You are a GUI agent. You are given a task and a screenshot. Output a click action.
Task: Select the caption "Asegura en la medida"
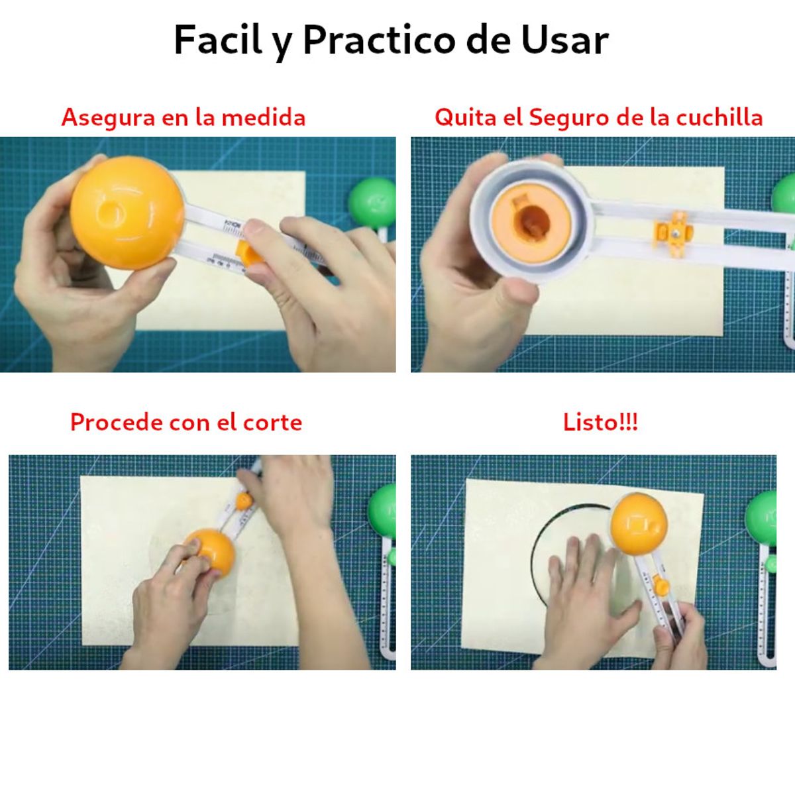pos(184,117)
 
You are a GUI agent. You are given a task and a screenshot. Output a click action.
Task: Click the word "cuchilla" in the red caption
pos(719,117)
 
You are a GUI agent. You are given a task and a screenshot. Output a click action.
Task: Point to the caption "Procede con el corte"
pos(185,422)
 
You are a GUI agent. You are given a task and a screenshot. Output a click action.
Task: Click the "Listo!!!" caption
pos(600,422)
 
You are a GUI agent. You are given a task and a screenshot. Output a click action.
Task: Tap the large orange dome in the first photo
pos(127,212)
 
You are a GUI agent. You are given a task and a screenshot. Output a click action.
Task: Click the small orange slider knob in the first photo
pos(250,253)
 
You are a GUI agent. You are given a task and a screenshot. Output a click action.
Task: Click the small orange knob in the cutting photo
pos(244,501)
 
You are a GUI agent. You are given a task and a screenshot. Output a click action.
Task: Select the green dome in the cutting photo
pos(383,510)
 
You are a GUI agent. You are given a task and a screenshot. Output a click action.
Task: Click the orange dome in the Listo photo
pos(638,524)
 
